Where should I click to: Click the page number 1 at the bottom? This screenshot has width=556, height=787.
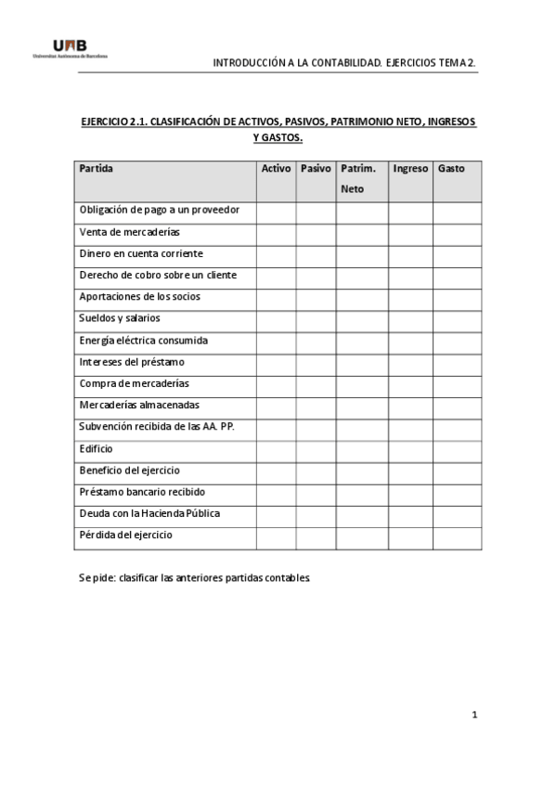click(473, 715)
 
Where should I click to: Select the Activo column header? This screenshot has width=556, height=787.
click(276, 169)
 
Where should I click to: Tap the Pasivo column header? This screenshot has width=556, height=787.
click(316, 169)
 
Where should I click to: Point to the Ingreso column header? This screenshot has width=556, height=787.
click(410, 169)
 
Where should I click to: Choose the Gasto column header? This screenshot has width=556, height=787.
click(451, 169)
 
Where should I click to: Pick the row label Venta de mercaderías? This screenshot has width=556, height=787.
click(130, 232)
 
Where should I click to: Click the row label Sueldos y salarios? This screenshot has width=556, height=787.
click(120, 318)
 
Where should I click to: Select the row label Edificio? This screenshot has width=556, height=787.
click(97, 448)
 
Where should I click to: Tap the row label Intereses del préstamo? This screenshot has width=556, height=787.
click(132, 362)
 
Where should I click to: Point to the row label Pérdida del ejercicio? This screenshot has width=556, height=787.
click(126, 535)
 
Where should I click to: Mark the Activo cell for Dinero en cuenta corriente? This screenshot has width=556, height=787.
click(276, 254)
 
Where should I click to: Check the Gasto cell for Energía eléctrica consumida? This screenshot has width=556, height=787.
click(457, 341)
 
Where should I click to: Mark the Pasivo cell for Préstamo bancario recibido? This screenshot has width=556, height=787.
click(316, 493)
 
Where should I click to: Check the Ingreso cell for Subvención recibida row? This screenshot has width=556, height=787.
click(410, 428)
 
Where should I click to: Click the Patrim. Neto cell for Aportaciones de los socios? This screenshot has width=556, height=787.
click(362, 297)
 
